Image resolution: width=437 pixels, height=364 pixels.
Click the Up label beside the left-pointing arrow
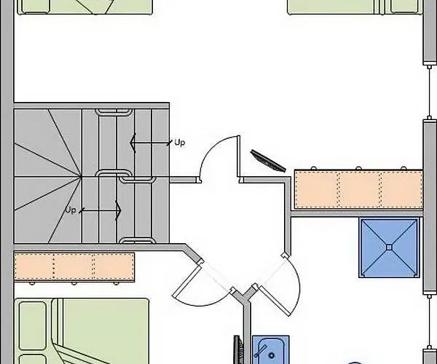tap(180, 143)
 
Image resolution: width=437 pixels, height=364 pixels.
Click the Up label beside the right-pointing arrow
tap(71, 210)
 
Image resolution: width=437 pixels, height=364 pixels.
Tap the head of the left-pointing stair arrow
tap(133, 143)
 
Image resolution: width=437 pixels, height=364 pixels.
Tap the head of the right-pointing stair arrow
tap(117, 210)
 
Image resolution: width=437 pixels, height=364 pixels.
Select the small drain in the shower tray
tap(390, 248)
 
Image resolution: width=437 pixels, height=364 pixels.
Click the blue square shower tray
tap(390, 248)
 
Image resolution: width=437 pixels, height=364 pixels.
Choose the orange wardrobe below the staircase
tap(74, 267)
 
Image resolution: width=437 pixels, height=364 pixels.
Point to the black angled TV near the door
tap(267, 159)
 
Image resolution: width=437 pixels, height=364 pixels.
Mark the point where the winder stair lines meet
tap(80, 175)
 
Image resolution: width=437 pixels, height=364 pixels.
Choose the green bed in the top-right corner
tap(355, 7)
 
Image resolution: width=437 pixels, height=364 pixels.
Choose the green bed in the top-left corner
tap(84, 7)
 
